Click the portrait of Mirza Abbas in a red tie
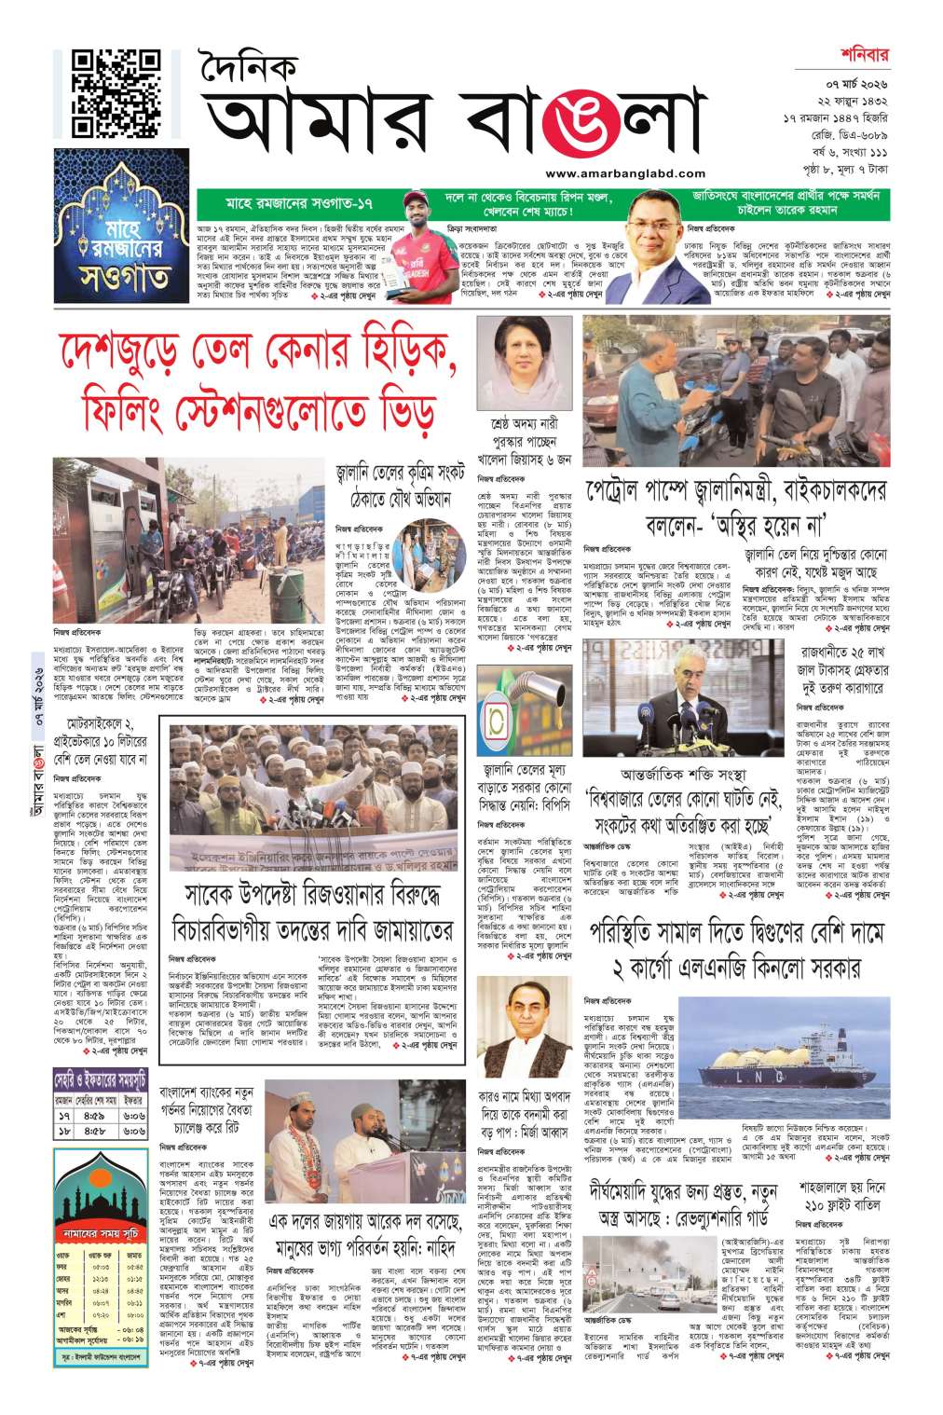510,1023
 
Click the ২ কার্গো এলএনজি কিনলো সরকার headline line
735,969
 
